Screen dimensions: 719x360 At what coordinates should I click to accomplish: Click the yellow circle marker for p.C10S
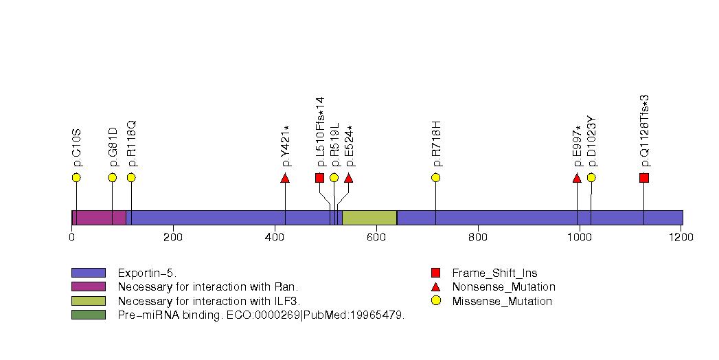pos(76,177)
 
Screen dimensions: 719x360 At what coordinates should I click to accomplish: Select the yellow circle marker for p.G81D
pos(113,177)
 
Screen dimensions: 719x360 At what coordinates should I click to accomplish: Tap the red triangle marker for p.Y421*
pos(285,177)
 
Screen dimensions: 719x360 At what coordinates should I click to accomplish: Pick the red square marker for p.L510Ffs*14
pos(319,177)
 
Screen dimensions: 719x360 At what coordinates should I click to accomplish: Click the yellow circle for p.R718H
pos(435,177)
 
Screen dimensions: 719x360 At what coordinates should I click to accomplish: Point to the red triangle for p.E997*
pos(577,177)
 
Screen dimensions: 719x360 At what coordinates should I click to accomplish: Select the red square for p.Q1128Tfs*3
pos(643,177)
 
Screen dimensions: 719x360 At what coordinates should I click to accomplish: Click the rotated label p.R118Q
pos(132,144)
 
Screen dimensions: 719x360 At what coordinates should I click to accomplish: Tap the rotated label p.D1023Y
pos(592,142)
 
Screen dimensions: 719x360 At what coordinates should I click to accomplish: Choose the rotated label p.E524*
pos(350,146)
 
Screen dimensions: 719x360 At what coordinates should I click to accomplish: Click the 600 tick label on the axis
pos(376,237)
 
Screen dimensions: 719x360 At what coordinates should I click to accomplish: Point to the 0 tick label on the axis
pos(71,237)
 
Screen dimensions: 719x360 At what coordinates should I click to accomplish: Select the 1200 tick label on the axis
pos(681,237)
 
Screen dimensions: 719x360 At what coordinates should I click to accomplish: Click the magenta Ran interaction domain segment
pos(99,218)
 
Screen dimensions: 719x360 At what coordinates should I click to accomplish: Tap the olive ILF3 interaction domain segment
pos(369,218)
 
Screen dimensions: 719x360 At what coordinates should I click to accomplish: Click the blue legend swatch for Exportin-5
pos(89,273)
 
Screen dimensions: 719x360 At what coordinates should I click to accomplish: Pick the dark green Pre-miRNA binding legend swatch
pos(89,315)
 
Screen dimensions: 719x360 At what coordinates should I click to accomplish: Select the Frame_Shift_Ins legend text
pos(494,273)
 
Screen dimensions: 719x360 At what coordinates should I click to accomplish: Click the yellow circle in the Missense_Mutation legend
pos(435,301)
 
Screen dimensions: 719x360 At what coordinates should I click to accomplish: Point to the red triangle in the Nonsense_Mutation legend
pos(435,287)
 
